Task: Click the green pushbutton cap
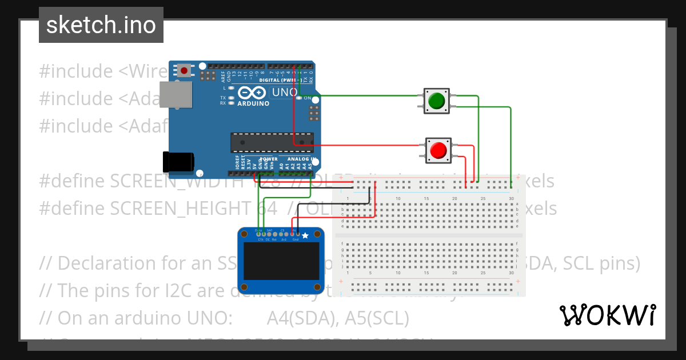tap(437, 101)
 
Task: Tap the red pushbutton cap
tap(438, 150)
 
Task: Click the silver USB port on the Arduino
tap(176, 94)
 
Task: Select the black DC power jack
tap(178, 162)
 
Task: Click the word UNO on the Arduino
tap(284, 92)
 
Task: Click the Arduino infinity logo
tap(252, 93)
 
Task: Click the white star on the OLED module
tap(305, 235)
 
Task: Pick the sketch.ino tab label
tap(101, 25)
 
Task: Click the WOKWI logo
tap(607, 315)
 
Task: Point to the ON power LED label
tap(308, 98)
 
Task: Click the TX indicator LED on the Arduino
tap(231, 98)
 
